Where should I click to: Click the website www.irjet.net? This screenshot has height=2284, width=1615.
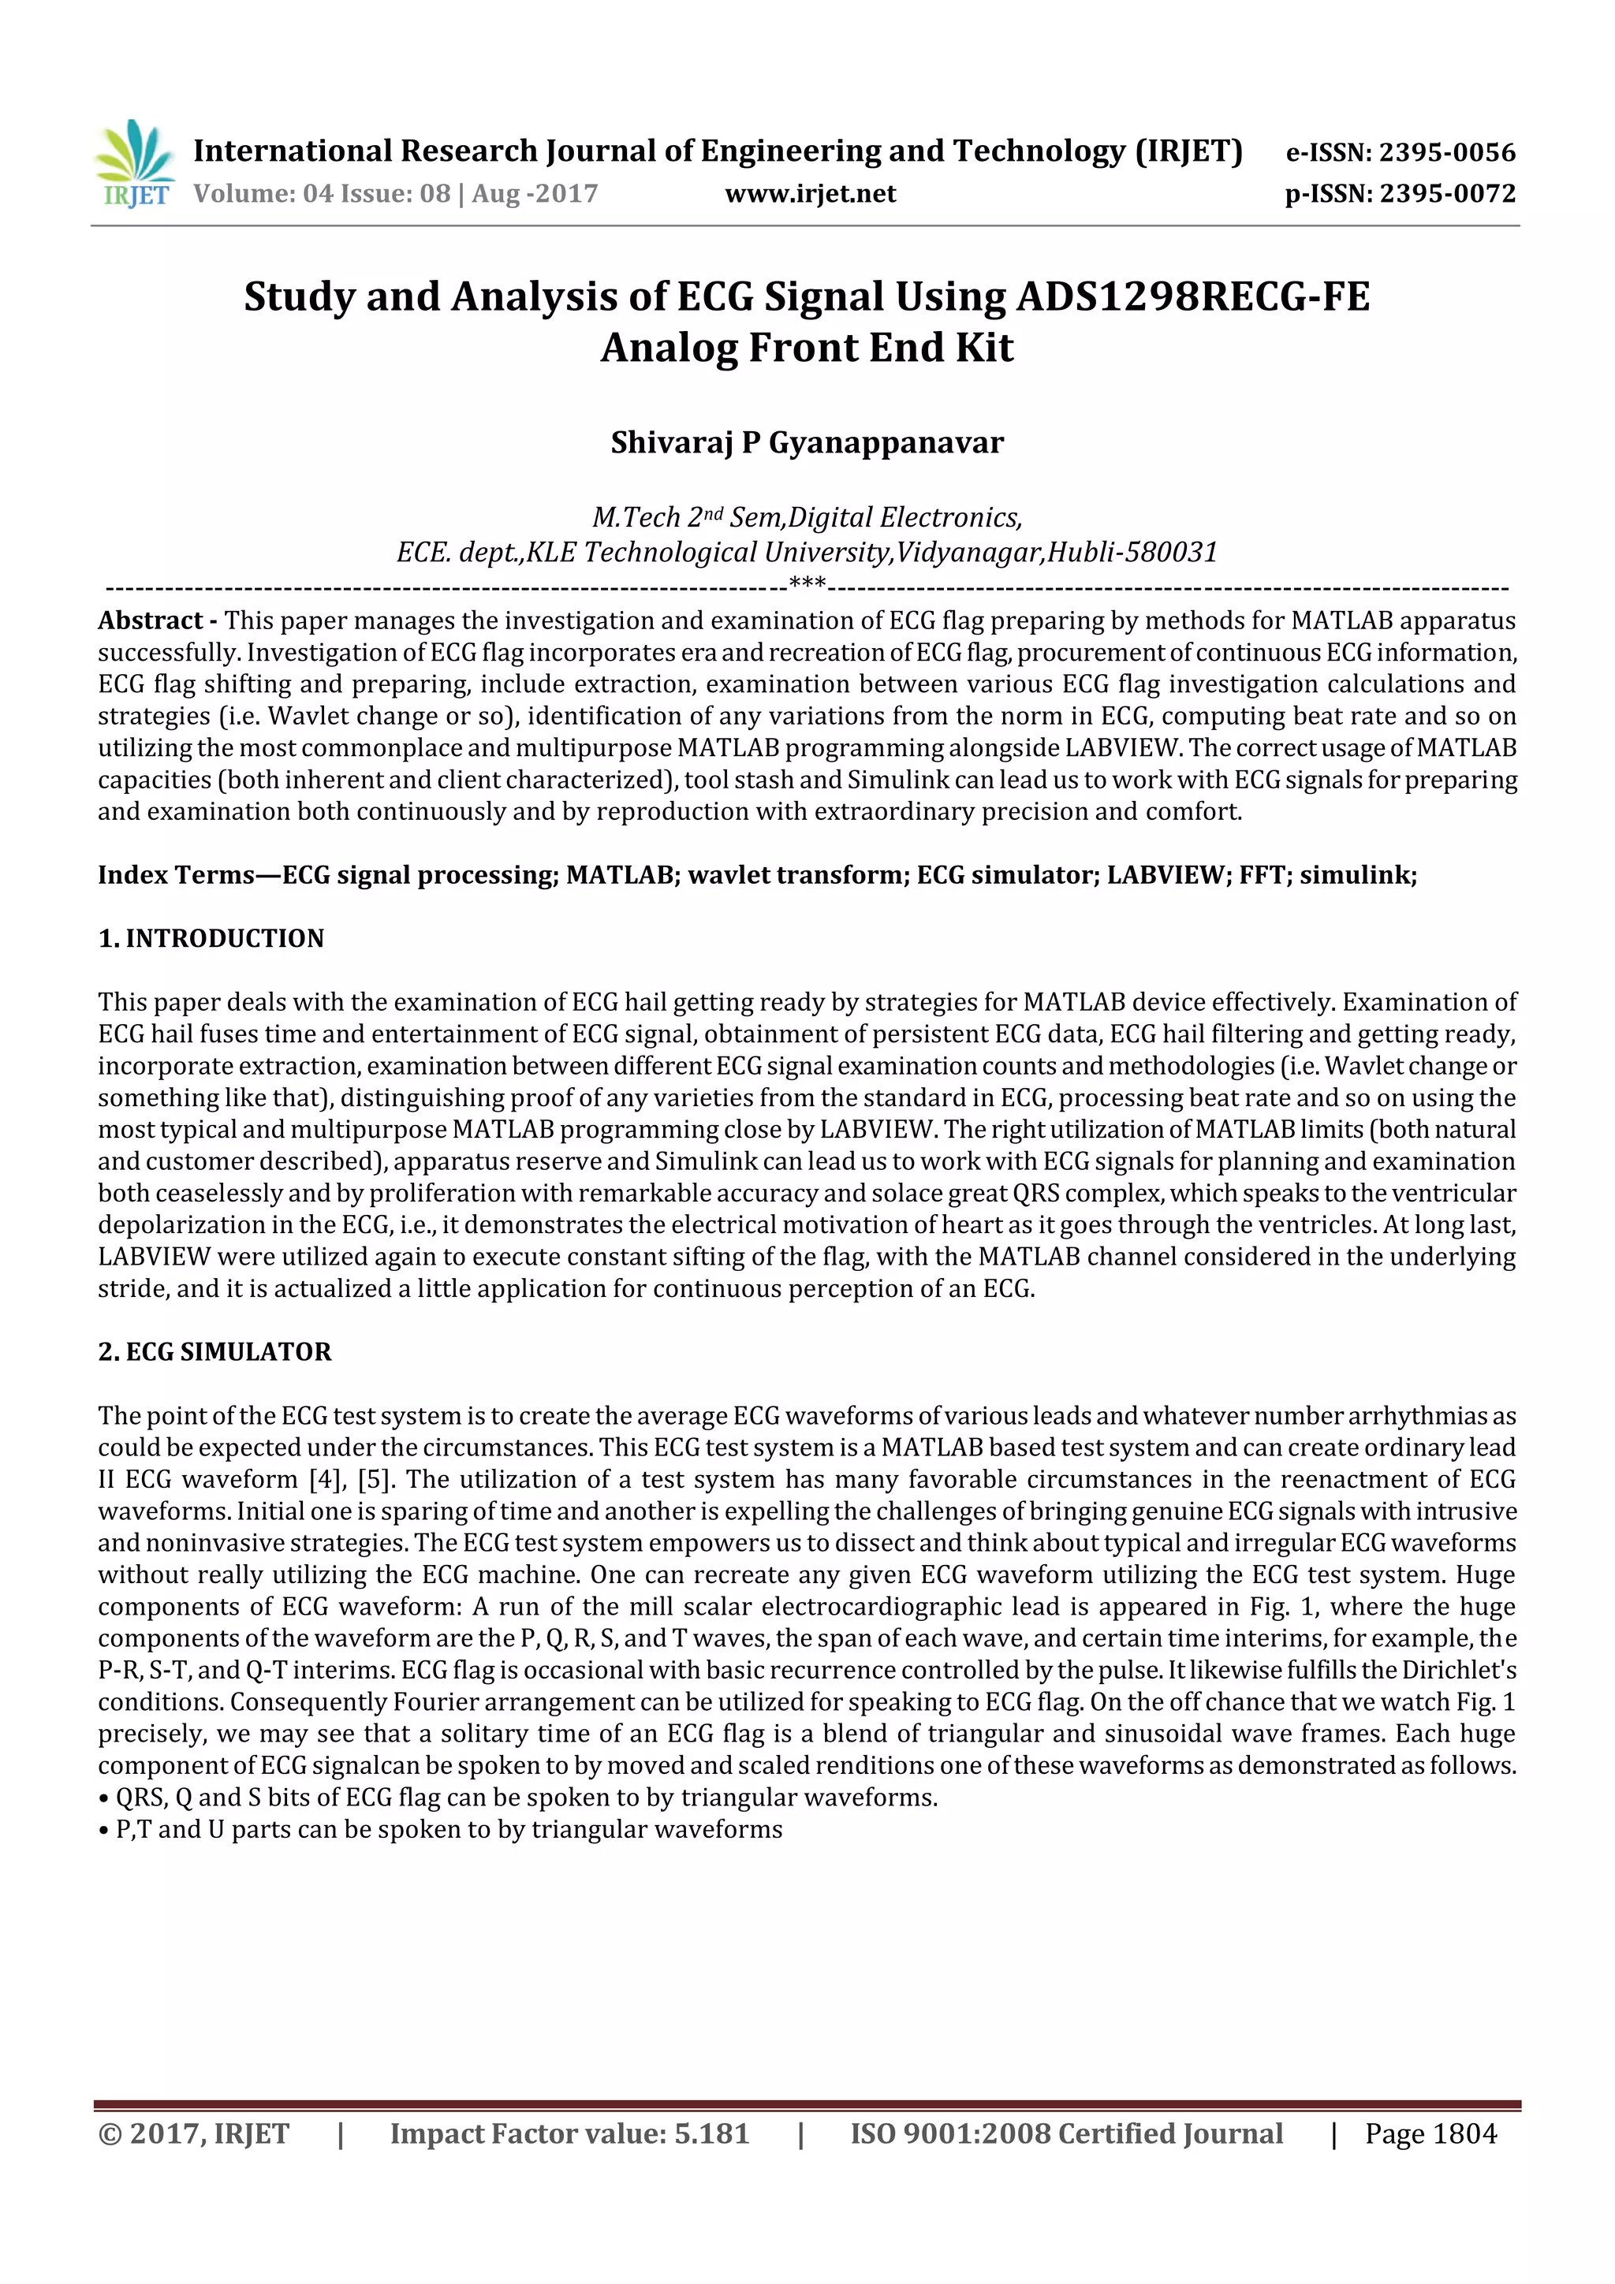[x=810, y=194]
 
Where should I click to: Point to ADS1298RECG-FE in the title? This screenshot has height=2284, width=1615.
[x=1193, y=296]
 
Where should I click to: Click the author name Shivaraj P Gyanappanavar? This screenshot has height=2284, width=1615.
[x=807, y=442]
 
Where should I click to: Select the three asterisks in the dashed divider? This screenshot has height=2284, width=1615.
[x=807, y=584]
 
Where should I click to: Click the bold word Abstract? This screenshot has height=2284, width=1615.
[x=151, y=620]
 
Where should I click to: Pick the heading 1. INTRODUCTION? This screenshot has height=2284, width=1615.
[x=211, y=938]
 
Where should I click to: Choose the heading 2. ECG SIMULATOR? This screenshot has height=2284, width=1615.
[x=215, y=1352]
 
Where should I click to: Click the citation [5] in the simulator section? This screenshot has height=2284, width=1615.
[x=372, y=1479]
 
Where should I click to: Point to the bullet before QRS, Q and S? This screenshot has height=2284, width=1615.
[x=103, y=1798]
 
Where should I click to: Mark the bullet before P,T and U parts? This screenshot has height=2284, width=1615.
[x=103, y=1831]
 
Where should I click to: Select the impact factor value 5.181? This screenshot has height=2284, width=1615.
[x=711, y=2133]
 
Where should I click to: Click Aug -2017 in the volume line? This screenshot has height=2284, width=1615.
[x=535, y=194]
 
